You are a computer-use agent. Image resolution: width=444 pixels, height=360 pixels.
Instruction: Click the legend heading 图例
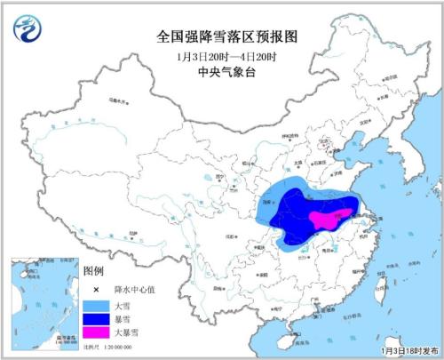click(x=93, y=270)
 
